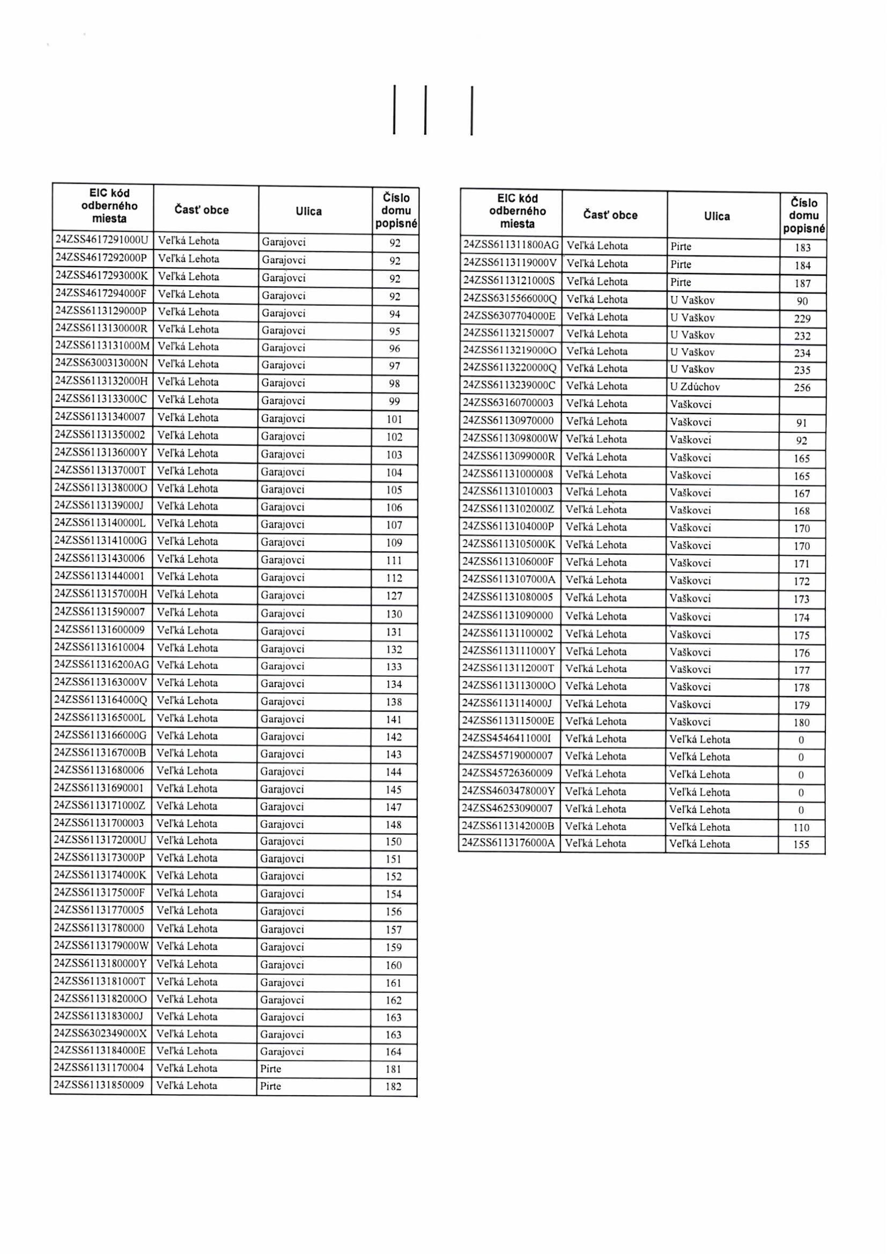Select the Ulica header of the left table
pyautogui.click(x=308, y=211)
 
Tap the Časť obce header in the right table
pyautogui.click(x=610, y=215)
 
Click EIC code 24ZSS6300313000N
pyautogui.click(x=102, y=364)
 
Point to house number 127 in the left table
pyautogui.click(x=394, y=596)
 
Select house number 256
pyautogui.click(x=802, y=388)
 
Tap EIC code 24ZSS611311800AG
pyautogui.click(x=511, y=246)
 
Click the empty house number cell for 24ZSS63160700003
pyautogui.click(x=802, y=405)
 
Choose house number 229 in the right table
pyautogui.click(x=802, y=319)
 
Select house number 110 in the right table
pyautogui.click(x=801, y=828)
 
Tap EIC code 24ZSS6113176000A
pyautogui.click(x=508, y=843)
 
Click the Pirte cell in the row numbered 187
pyautogui.click(x=681, y=282)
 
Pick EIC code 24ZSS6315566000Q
pyautogui.click(x=509, y=299)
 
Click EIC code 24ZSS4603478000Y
pyautogui.click(x=508, y=792)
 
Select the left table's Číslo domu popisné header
pyautogui.click(x=396, y=210)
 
